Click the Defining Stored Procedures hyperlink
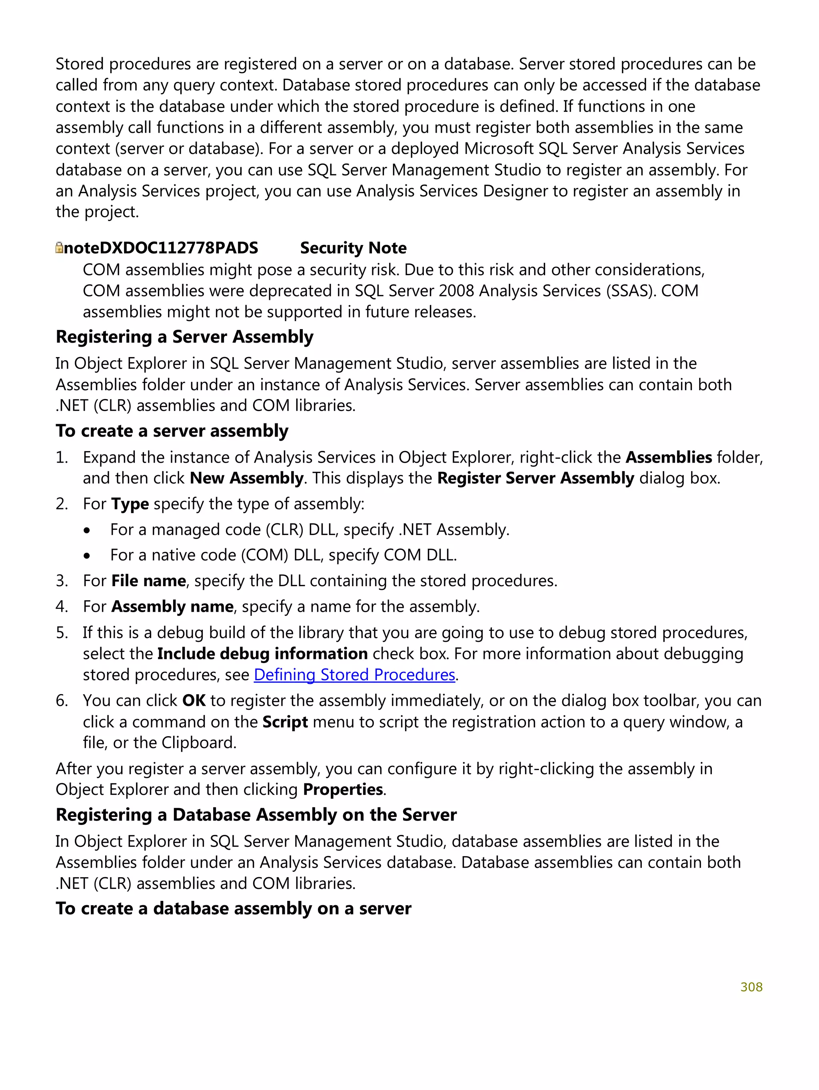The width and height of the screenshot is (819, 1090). point(354,675)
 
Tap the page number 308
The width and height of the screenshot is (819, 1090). point(751,986)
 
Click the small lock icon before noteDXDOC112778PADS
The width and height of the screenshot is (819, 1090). point(59,248)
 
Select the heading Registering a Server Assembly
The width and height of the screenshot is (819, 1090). point(184,337)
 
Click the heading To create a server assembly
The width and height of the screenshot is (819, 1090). point(172,431)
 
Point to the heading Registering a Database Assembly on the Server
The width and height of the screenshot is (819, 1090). point(256,815)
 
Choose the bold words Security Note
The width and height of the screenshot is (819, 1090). point(353,248)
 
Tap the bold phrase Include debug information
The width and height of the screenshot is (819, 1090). point(262,653)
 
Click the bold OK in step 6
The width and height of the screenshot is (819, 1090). point(193,700)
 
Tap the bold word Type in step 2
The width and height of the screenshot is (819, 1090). point(130,504)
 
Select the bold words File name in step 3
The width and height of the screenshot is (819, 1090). point(148,581)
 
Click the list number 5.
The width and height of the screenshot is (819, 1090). point(61,633)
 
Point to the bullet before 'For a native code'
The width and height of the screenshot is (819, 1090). point(87,556)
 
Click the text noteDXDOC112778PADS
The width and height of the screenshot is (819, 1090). point(161,248)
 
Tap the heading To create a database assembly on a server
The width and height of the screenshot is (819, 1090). point(233,908)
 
